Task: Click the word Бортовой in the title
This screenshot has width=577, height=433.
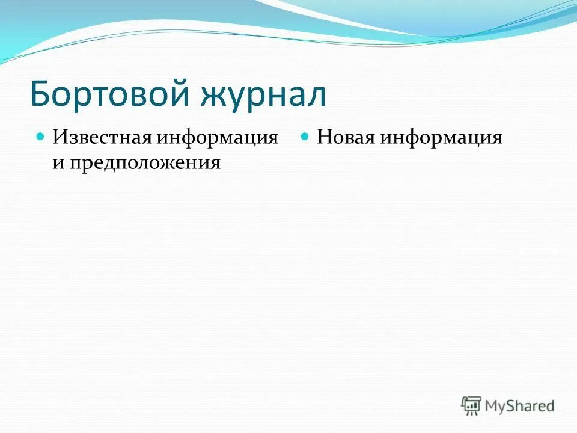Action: coord(112,94)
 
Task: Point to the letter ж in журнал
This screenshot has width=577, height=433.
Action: coord(219,97)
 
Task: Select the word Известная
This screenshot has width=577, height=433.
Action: coord(103,137)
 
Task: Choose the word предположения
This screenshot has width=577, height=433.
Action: coord(144,164)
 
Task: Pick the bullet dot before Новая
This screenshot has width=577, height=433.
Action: coord(305,137)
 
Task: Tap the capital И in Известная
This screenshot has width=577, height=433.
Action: coord(59,137)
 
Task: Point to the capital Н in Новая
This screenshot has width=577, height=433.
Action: coord(324,137)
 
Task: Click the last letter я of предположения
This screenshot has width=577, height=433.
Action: coord(216,164)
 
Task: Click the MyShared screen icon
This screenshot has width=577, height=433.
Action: coord(471,405)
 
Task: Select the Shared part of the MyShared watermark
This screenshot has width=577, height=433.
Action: coord(531,406)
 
